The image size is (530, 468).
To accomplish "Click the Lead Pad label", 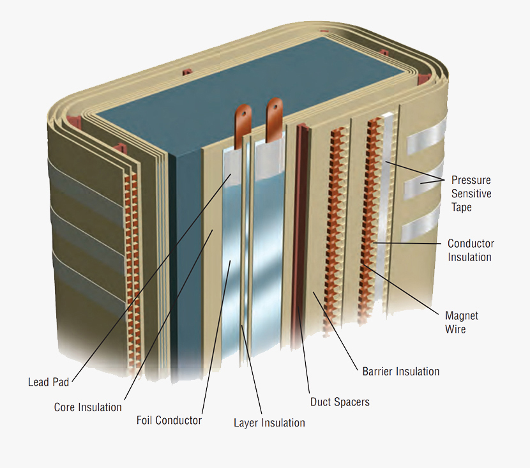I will tap(48, 382).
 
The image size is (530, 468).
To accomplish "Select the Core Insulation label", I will tap(87, 407).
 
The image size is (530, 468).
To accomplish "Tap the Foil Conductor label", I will tap(169, 421).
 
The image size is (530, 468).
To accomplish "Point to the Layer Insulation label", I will tap(269, 423).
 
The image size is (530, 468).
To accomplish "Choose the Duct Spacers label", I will tap(340, 402).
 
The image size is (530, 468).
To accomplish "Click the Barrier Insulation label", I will tap(400, 371).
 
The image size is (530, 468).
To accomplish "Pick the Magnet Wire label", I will tap(461, 322).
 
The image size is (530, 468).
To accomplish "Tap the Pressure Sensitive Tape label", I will tap(471, 193).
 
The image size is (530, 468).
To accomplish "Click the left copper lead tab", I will tap(243, 125).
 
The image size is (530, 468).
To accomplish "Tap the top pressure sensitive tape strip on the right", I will tap(423, 146).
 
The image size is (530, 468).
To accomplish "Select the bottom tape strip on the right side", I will tap(422, 229).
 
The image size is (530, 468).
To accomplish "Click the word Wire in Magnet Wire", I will tap(455, 329).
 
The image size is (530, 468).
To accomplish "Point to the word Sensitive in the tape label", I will tap(471, 193).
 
